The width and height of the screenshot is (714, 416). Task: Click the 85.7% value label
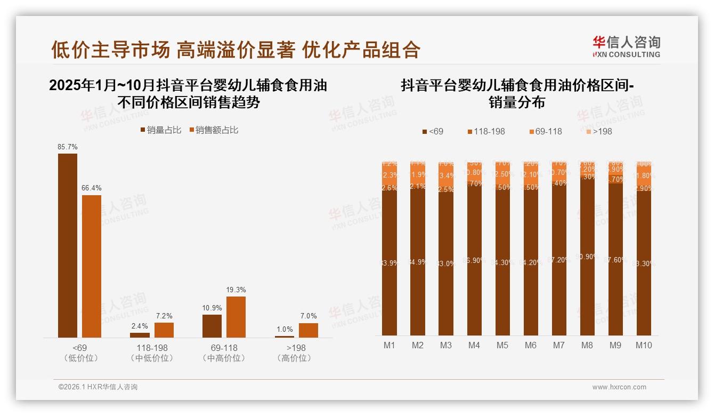(68, 147)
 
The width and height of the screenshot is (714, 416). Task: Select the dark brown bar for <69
(68, 245)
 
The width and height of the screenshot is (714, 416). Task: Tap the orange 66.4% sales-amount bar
(92, 266)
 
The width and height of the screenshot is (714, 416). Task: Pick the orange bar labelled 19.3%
(236, 317)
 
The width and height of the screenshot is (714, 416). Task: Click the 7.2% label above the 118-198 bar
(164, 316)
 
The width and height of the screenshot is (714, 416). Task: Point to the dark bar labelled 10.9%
(212, 326)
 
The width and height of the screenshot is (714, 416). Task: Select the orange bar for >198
(309, 330)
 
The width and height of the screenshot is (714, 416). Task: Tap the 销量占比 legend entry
(161, 130)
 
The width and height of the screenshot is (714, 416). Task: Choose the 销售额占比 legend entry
(214, 130)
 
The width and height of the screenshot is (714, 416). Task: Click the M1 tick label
(390, 345)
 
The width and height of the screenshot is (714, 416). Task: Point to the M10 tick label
(644, 345)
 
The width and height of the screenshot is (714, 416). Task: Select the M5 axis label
(502, 345)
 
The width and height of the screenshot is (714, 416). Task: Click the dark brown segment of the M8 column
(587, 256)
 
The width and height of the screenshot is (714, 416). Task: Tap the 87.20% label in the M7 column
(559, 260)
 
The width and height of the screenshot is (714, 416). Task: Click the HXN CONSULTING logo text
(627, 54)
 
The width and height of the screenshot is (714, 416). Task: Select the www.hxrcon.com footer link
(619, 387)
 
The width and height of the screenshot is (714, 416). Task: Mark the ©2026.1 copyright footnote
(98, 387)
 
